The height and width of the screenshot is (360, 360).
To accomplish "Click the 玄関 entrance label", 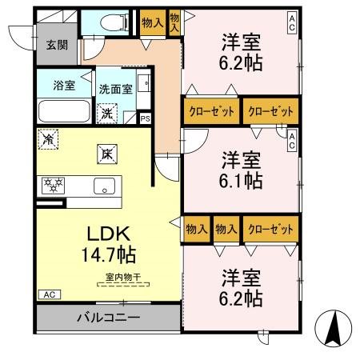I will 56,45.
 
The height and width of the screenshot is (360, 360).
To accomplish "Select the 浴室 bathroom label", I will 64,86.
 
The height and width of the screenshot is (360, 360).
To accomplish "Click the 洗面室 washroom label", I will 115,90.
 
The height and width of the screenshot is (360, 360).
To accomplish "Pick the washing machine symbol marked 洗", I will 106,114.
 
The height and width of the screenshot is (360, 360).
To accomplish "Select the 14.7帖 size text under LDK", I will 108,255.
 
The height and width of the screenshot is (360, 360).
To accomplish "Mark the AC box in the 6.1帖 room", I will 293,142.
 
